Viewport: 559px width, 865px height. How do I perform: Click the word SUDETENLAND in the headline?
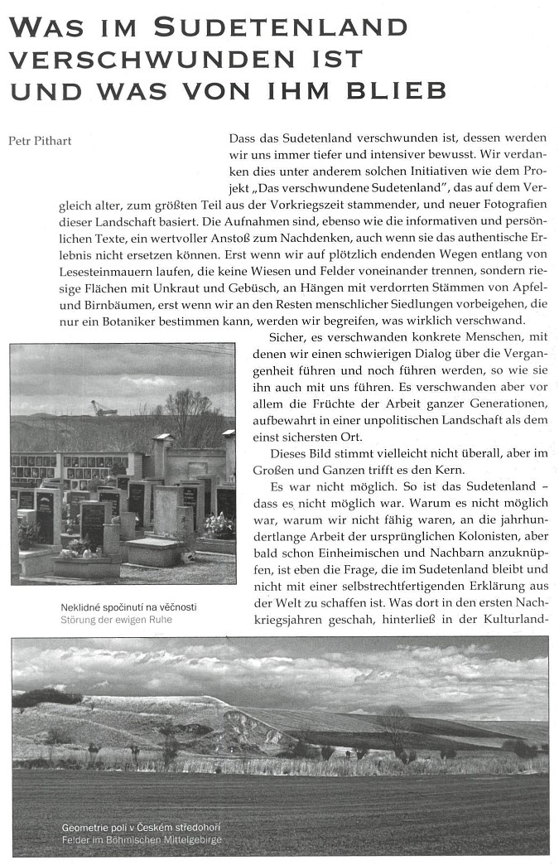281,27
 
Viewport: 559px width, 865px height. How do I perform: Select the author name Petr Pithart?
40,141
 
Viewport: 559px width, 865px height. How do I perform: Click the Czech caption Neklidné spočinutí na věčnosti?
128,607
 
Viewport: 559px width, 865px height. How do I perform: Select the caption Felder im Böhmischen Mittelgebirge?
142,840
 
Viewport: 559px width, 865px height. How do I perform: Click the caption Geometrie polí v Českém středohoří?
141,828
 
